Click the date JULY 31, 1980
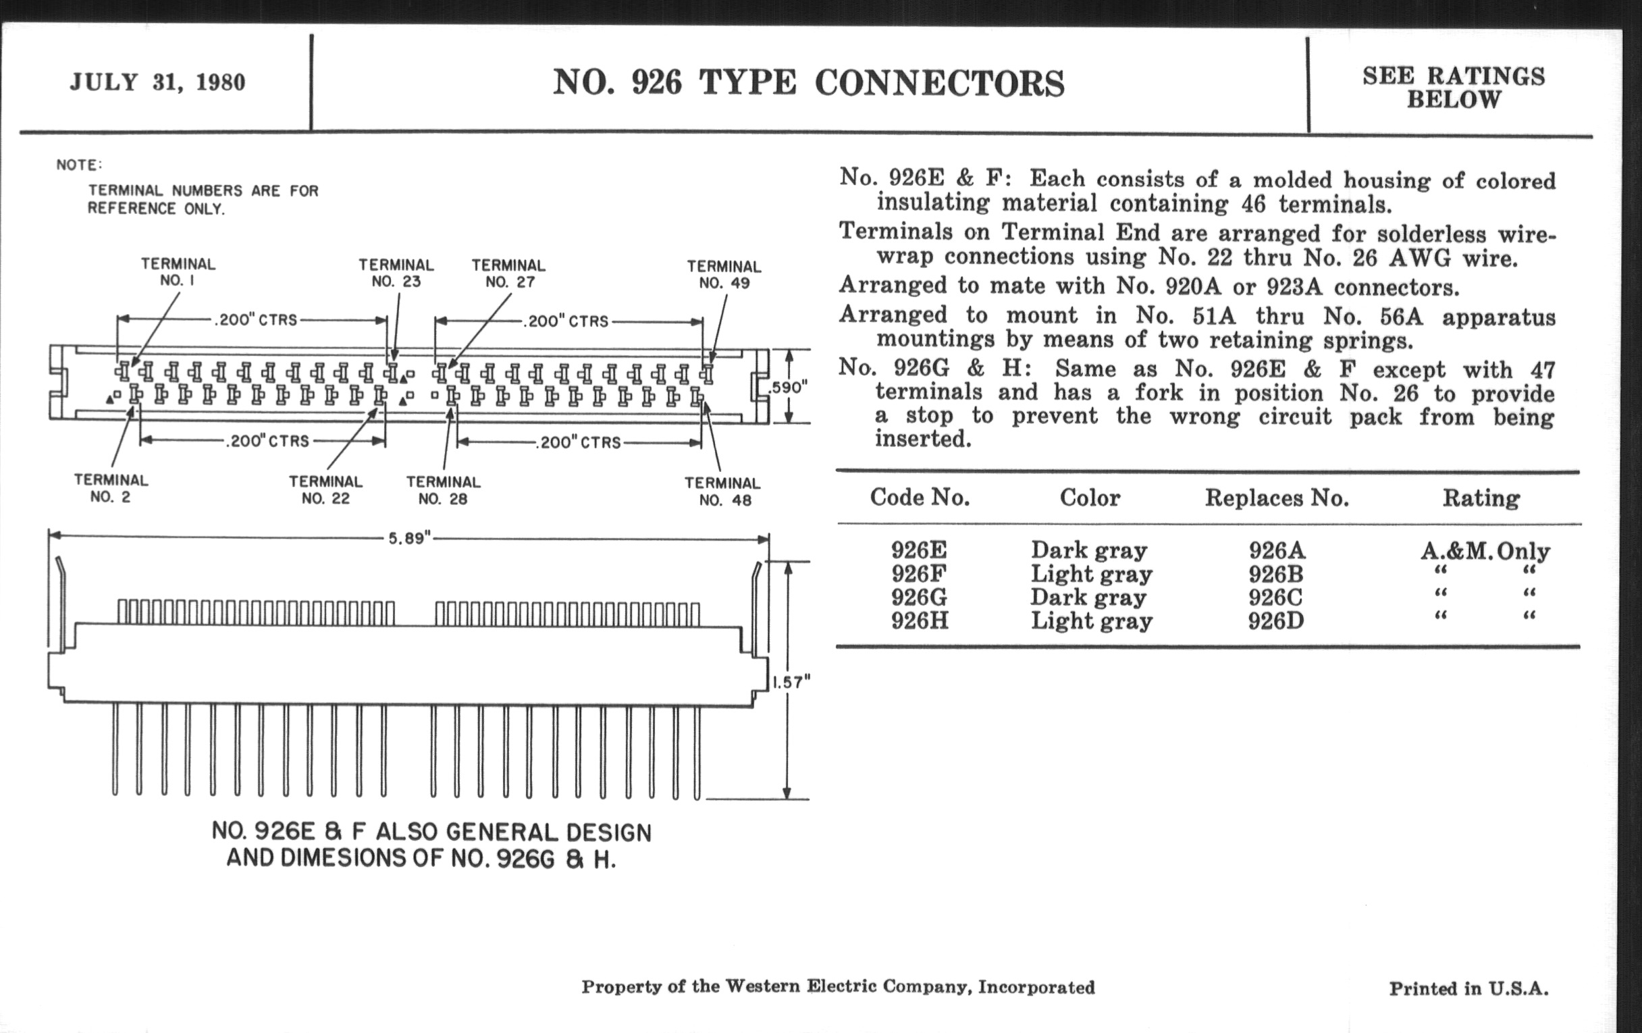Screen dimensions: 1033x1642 (x=157, y=82)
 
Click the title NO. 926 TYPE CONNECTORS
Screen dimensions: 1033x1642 (x=808, y=82)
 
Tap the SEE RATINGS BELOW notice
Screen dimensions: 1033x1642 (x=1454, y=87)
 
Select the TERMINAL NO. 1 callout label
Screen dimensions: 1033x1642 (x=178, y=272)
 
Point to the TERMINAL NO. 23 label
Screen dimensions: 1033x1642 (x=396, y=273)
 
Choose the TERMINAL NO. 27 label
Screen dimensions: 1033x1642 (x=508, y=273)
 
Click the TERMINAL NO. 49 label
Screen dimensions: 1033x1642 (x=724, y=275)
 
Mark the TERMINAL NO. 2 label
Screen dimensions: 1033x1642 (x=111, y=488)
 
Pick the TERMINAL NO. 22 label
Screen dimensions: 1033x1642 (x=325, y=489)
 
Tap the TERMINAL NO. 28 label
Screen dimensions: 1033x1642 (x=443, y=490)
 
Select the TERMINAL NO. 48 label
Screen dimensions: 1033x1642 (x=722, y=492)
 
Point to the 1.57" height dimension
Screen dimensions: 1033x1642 (x=791, y=681)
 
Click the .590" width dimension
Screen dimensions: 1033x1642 (x=789, y=388)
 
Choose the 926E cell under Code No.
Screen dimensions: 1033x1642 (x=919, y=550)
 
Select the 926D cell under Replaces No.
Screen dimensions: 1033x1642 (x=1276, y=621)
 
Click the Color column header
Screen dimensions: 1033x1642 (x=1090, y=498)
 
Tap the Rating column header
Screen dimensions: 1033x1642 (x=1481, y=498)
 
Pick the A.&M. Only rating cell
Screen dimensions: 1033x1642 (x=1485, y=550)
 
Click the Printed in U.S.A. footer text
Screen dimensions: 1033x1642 (x=1468, y=988)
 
